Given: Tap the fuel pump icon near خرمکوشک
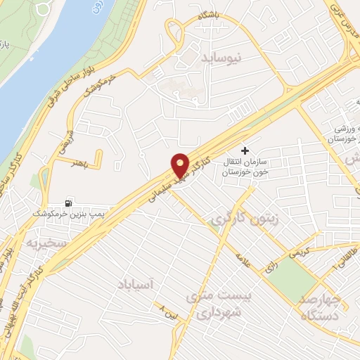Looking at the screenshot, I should pyautogui.click(x=68, y=200).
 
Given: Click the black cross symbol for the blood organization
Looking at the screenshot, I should pyautogui.click(x=245, y=150).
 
